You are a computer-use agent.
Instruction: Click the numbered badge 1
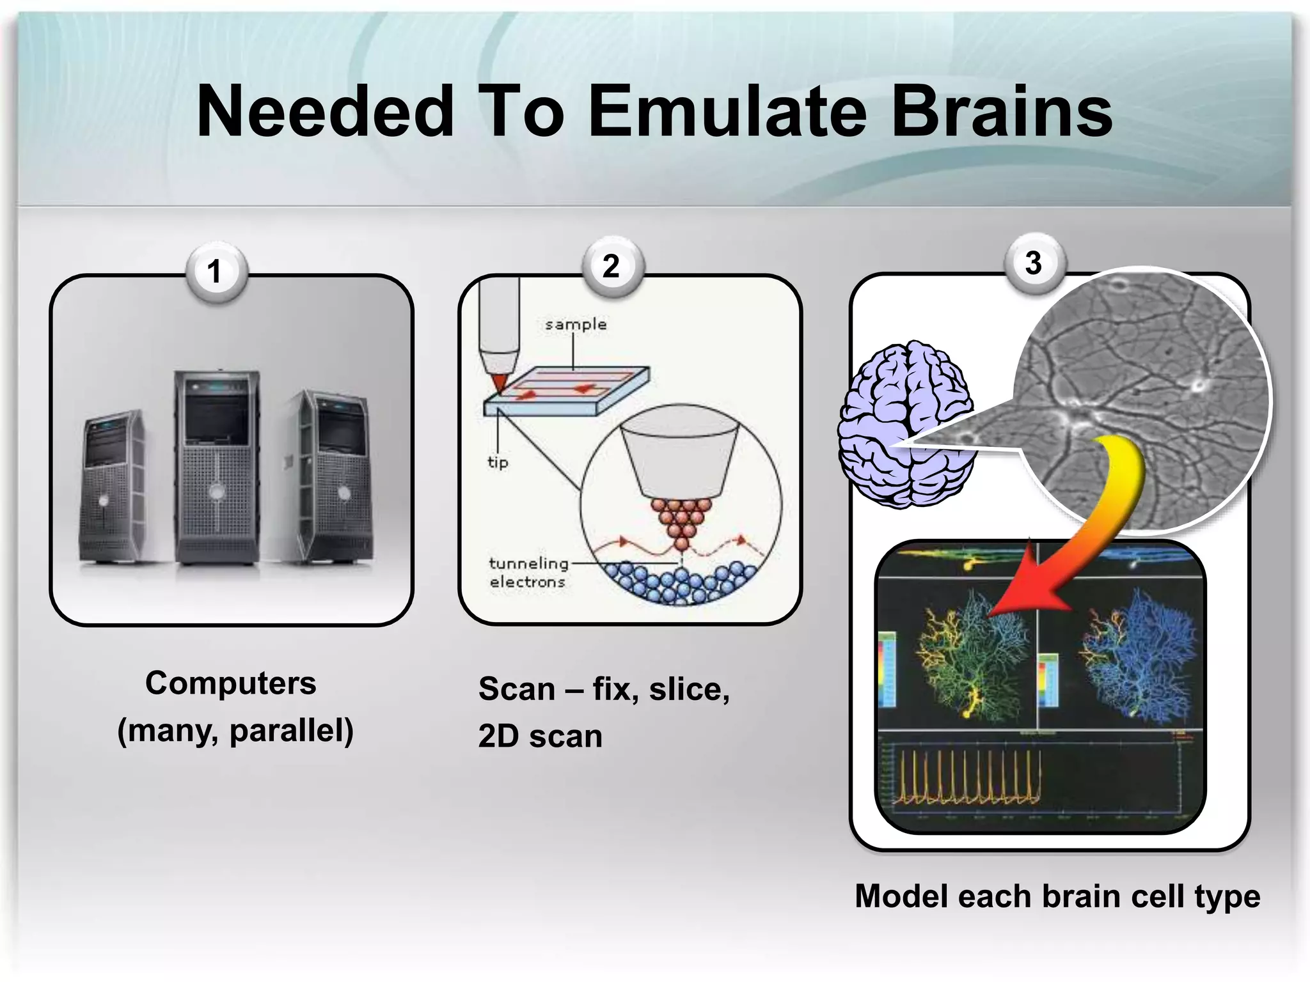[x=215, y=271]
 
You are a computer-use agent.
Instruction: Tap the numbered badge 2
[x=612, y=266]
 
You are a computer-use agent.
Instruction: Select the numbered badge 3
[x=1033, y=263]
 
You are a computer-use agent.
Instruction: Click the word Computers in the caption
[x=230, y=683]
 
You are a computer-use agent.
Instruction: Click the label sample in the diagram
[x=576, y=325]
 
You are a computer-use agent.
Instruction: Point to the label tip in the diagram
[x=498, y=462]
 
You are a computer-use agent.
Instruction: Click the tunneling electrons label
[x=528, y=572]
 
